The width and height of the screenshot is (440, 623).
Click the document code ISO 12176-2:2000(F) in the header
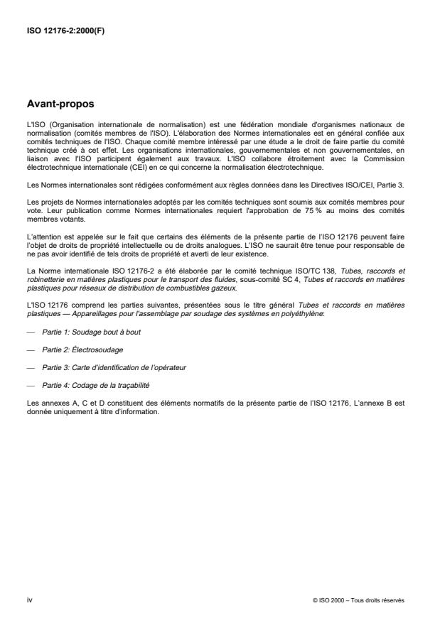66,31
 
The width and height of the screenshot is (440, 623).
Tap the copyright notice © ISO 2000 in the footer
358,600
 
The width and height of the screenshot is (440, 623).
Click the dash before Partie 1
30,332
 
